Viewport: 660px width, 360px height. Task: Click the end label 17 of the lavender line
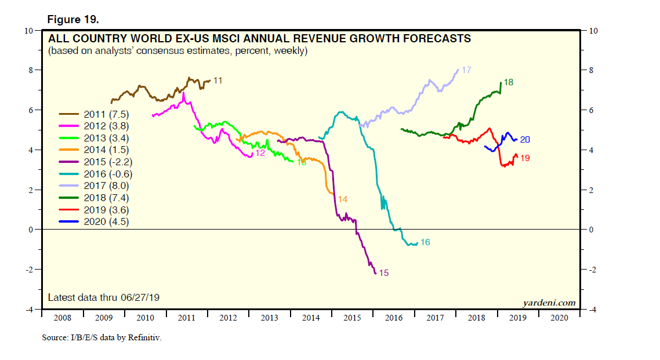tap(466, 70)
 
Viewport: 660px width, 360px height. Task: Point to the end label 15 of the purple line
tap(383, 272)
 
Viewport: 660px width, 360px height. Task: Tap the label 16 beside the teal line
tap(425, 242)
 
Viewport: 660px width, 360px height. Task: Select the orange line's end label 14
tap(342, 199)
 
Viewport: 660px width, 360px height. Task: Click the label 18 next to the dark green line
tap(508, 82)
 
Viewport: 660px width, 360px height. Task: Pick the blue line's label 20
tap(525, 139)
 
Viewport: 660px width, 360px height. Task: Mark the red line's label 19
tap(525, 158)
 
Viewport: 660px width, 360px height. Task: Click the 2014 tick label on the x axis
tap(311, 318)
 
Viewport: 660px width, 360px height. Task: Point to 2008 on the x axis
tap(63, 318)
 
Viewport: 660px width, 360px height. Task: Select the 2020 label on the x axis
tap(559, 318)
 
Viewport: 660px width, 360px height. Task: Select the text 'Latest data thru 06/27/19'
tap(104, 297)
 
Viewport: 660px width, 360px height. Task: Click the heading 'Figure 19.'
tap(73, 19)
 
